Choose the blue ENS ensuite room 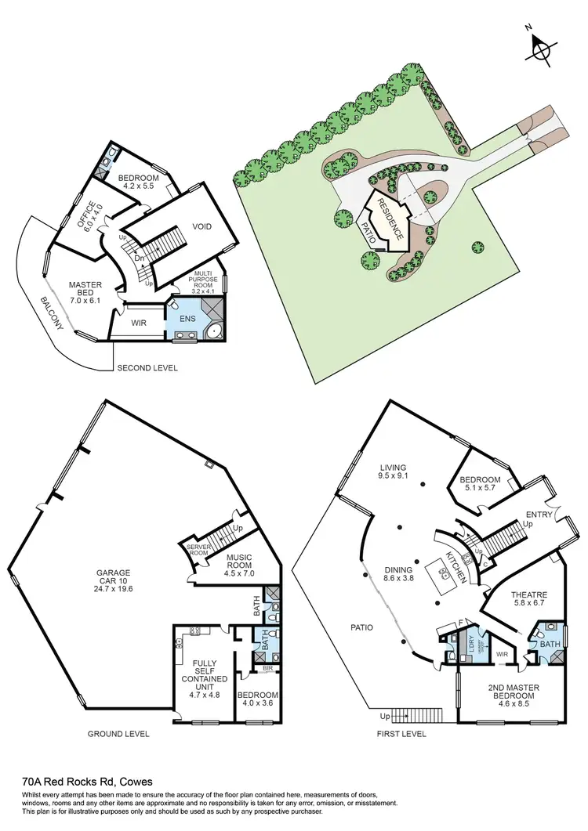click(187, 320)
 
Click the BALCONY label click(55, 315)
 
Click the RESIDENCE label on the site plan click(390, 219)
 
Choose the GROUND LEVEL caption click(119, 734)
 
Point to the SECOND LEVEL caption click(147, 367)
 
